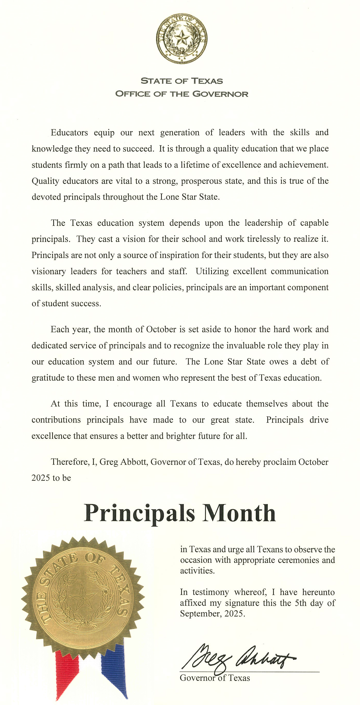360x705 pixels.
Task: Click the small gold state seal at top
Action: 181,38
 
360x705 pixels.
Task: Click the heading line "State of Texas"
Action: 181,81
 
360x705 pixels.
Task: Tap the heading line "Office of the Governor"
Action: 181,94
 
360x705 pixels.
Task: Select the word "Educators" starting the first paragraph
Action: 69,132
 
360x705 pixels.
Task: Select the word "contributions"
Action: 56,420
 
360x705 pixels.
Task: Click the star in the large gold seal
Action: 82,597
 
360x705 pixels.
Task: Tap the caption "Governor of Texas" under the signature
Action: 215,678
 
